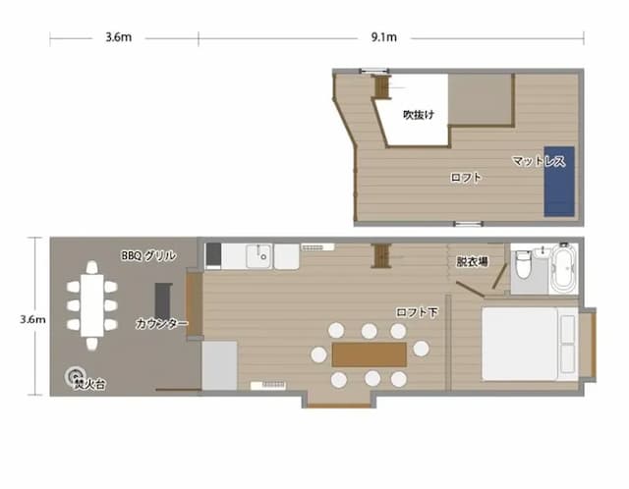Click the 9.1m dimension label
point(384,37)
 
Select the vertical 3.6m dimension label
point(32,319)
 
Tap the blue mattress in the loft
point(559,182)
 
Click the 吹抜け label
point(419,115)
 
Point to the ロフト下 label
point(417,312)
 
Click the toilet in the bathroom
point(523,264)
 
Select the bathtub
point(564,268)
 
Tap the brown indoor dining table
point(370,354)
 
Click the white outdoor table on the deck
point(91,305)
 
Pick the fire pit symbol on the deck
point(75,375)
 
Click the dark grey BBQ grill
point(163,300)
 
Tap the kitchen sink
point(258,255)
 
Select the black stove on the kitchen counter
point(213,254)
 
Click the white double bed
point(530,344)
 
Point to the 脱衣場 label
point(472,262)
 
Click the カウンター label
point(161,323)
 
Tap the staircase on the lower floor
point(382,255)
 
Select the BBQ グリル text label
point(148,255)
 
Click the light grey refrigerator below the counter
point(219,365)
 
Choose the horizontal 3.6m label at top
point(119,37)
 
